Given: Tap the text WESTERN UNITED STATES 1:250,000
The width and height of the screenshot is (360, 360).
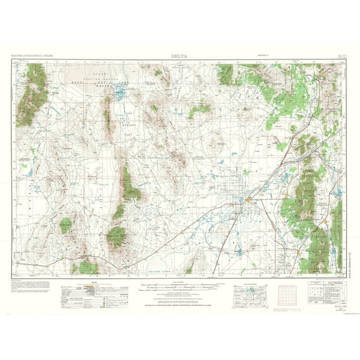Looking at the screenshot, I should point(32,56).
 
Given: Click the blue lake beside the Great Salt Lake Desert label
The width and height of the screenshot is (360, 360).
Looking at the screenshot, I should point(117,94).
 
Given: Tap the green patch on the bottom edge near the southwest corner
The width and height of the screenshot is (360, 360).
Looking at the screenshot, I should point(86,267).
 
